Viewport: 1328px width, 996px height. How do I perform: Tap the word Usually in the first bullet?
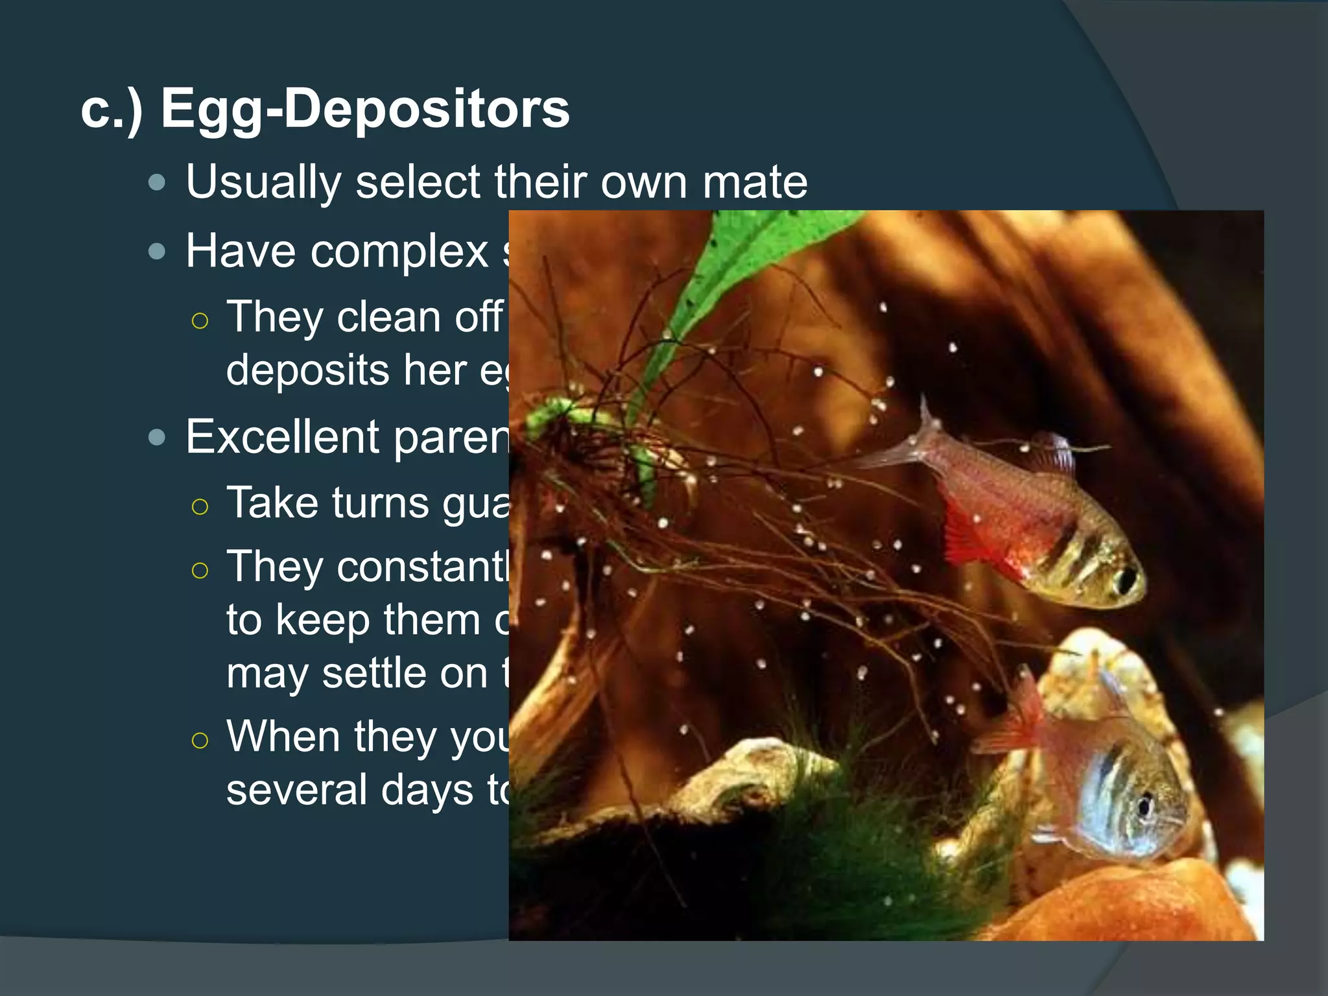pyautogui.click(x=263, y=183)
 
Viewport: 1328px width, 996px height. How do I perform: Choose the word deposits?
pyautogui.click(x=308, y=371)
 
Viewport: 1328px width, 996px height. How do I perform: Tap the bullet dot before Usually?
pyautogui.click(x=157, y=183)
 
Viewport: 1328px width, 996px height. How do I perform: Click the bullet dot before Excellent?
pyautogui.click(x=157, y=438)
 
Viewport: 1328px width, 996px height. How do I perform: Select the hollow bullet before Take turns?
pyautogui.click(x=200, y=506)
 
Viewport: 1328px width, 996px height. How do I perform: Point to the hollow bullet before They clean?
pyautogui.click(x=200, y=320)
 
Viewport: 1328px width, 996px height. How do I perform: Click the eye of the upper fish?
pyautogui.click(x=1125, y=578)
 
